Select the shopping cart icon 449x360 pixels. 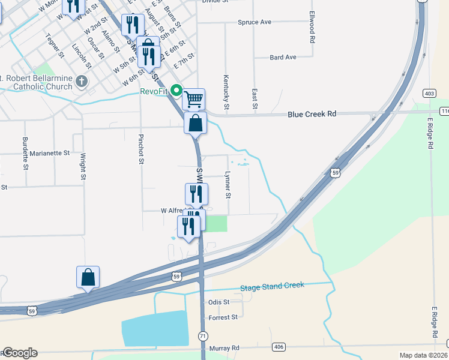click(x=193, y=99)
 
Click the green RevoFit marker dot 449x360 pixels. click(x=176, y=91)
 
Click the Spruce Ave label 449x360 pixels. click(x=255, y=22)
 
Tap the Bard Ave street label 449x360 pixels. click(x=283, y=58)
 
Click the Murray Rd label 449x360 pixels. click(x=224, y=348)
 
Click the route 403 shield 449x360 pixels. click(x=429, y=94)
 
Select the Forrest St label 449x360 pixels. click(x=223, y=317)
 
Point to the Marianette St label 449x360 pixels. click(x=50, y=153)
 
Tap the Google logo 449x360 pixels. click(x=20, y=353)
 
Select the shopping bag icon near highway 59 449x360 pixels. click(x=88, y=277)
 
